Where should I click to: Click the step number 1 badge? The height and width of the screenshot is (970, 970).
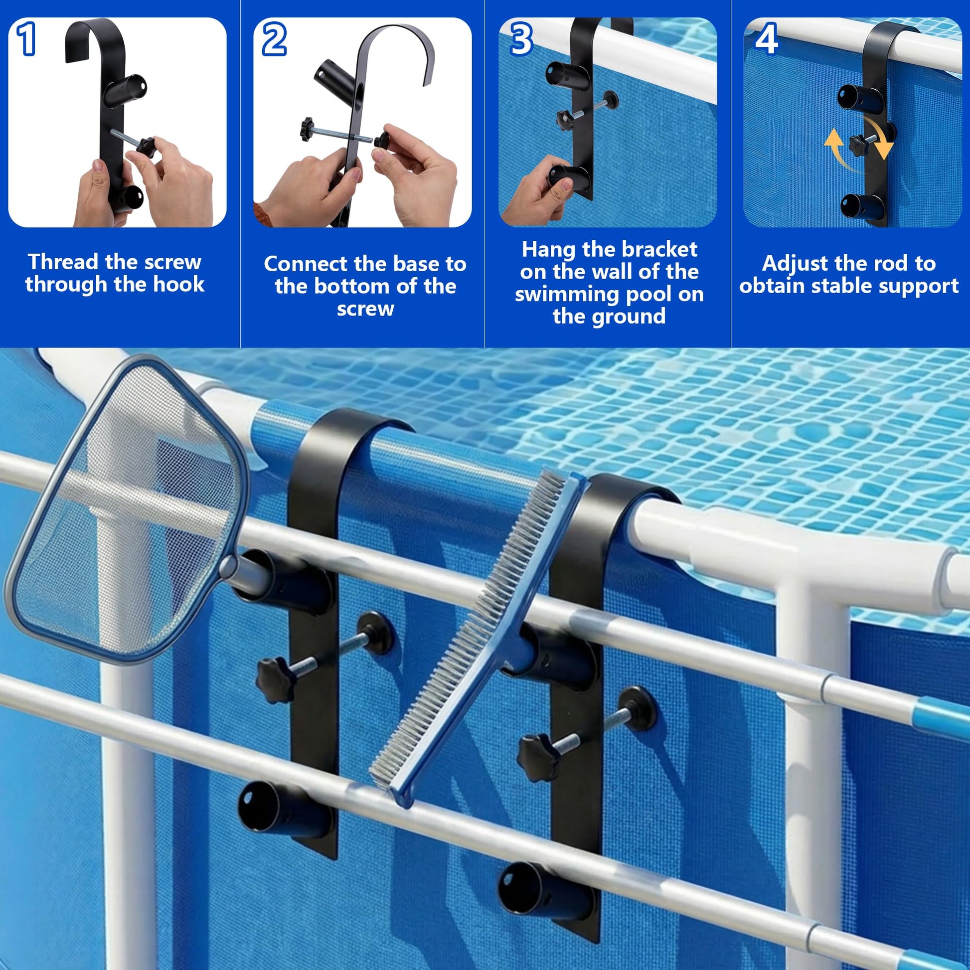[x=26, y=39]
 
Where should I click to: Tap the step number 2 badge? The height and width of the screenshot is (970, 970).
[x=274, y=39]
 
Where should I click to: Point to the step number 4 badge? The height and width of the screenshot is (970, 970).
[x=767, y=38]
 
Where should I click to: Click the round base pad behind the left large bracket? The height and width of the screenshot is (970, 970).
[x=375, y=632]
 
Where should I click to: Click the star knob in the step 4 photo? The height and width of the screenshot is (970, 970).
[x=861, y=144]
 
